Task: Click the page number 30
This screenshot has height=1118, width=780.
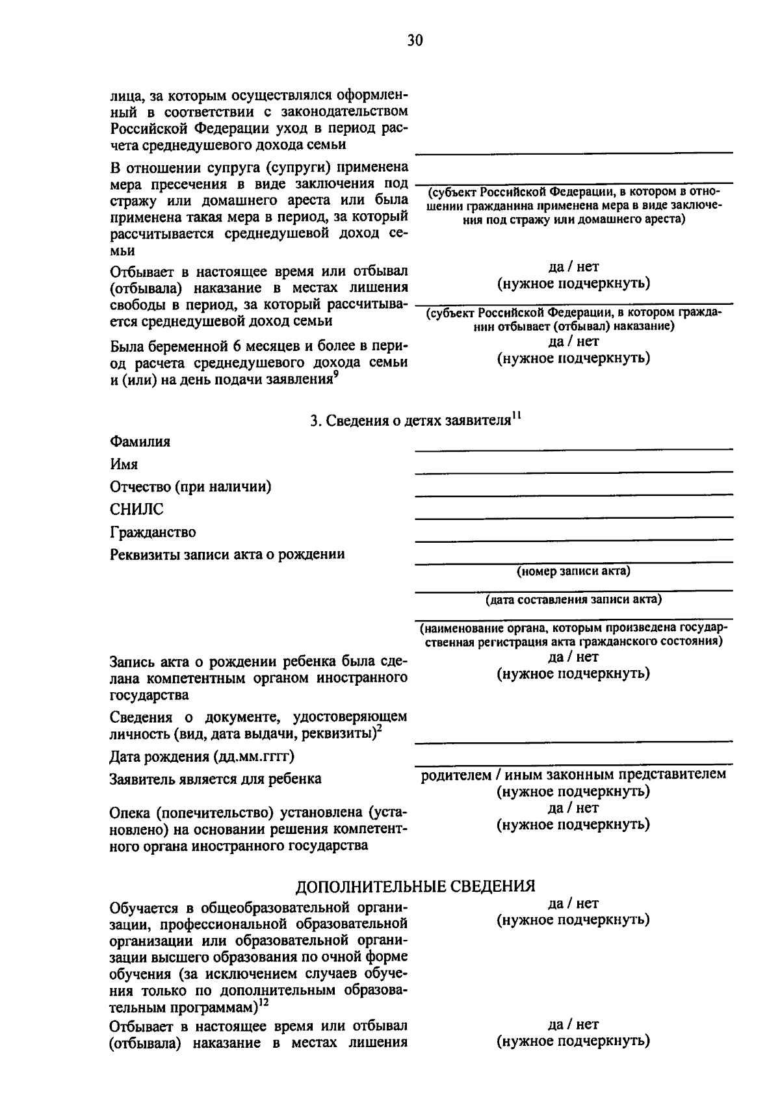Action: (x=415, y=41)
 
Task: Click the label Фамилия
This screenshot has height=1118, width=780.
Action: (x=140, y=442)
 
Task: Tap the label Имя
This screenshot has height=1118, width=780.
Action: (x=123, y=465)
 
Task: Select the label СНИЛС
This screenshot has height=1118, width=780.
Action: (x=136, y=510)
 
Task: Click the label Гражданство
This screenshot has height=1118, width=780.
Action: (x=153, y=532)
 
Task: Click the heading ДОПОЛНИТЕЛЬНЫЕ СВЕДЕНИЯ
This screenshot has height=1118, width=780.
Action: (x=415, y=887)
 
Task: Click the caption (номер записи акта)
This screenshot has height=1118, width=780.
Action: (x=573, y=571)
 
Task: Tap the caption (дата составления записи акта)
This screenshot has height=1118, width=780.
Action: (x=573, y=599)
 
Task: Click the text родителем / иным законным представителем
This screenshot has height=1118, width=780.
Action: (x=573, y=774)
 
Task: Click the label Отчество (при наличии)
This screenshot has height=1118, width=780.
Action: (x=190, y=487)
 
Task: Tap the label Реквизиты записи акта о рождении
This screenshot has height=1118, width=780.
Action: (x=227, y=554)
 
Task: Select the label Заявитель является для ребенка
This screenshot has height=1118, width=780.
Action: (x=215, y=779)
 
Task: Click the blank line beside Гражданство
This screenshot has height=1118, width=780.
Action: (x=573, y=539)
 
